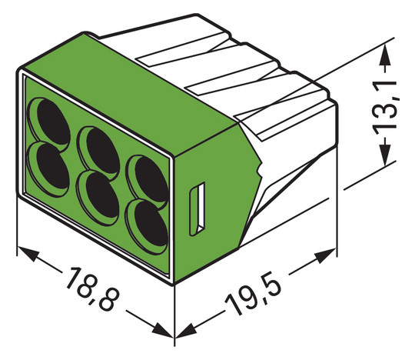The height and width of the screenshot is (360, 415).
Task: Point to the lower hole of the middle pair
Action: coord(98,188)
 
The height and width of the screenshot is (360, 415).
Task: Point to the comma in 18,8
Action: coord(95,295)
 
